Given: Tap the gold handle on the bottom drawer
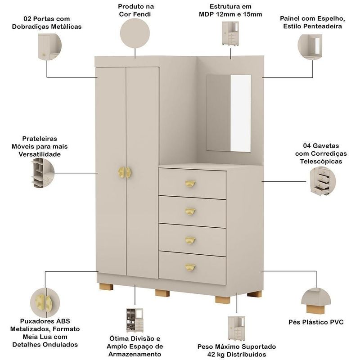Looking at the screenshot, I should [190, 267].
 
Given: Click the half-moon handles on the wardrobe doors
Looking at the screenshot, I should [124, 172].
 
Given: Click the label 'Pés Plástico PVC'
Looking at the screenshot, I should [315, 322].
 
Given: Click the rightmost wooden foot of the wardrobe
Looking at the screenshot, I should [254, 294].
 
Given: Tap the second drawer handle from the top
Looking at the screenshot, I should [190, 211].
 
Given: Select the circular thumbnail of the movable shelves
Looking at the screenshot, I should [43, 173].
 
